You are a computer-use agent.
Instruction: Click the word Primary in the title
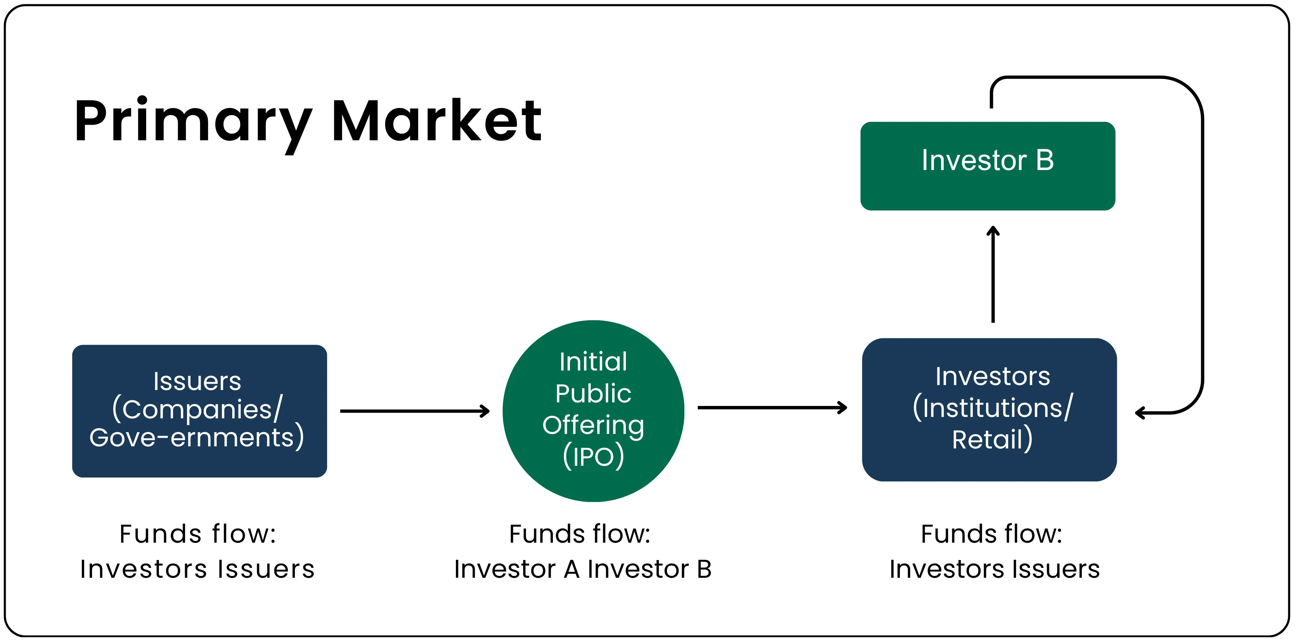pos(193,121)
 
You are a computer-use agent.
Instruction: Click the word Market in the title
pos(437,121)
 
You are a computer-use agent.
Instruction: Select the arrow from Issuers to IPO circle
pos(415,411)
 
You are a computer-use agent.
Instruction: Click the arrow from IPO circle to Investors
pos(772,407)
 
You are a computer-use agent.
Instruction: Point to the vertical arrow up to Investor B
pos(993,275)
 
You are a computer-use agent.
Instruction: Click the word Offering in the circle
pos(593,425)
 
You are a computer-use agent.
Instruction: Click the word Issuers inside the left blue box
pos(197,381)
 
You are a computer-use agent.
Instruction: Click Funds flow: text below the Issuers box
pos(198,534)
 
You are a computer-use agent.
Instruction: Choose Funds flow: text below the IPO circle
pos(580,534)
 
